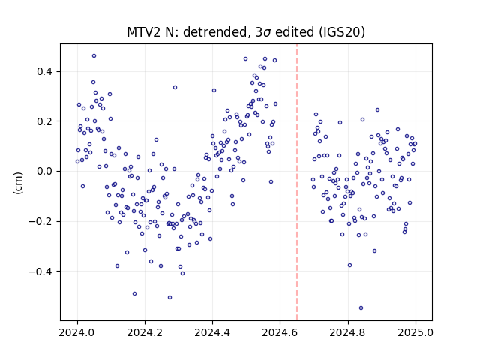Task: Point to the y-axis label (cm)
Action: pyautogui.click(x=18, y=183)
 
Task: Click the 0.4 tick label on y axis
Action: pyautogui.click(x=45, y=72)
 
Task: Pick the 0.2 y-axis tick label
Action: pyautogui.click(x=45, y=121)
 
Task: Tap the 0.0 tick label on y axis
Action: pyautogui.click(x=45, y=172)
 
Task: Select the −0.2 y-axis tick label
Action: pyautogui.click(x=40, y=221)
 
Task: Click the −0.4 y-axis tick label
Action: pyautogui.click(x=40, y=271)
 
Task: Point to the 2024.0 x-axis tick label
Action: pyautogui.click(x=77, y=332)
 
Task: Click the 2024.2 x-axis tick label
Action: pyautogui.click(x=145, y=332)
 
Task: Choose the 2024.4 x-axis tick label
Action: pyautogui.click(x=212, y=332)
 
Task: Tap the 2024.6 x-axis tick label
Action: pyautogui.click(x=280, y=332)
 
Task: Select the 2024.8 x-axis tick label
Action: pyautogui.click(x=348, y=332)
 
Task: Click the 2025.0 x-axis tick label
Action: pyautogui.click(x=415, y=332)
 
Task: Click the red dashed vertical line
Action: pyautogui.click(x=297, y=182)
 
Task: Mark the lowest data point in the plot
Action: pyautogui.click(x=361, y=308)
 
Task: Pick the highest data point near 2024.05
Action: pyautogui.click(x=94, y=56)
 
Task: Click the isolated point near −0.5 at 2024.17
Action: pyautogui.click(x=134, y=294)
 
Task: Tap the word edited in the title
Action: pyautogui.click(x=295, y=32)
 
